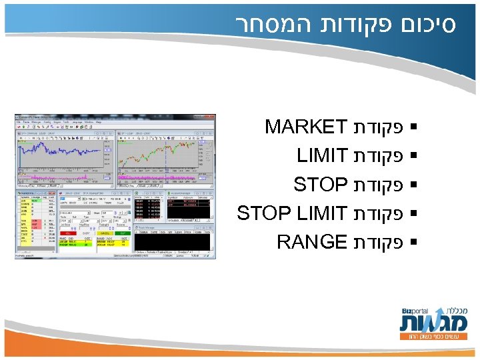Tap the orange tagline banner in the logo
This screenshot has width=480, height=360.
[x=432, y=337]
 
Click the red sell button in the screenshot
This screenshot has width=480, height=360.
[x=68, y=233]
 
